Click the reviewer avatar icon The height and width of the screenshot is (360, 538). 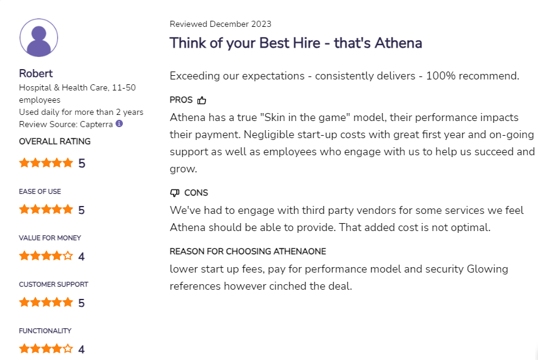pyautogui.click(x=39, y=38)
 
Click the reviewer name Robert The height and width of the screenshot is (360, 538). pyautogui.click(x=36, y=73)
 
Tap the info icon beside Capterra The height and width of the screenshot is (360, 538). pyautogui.click(x=119, y=123)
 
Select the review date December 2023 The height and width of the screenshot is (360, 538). pyautogui.click(x=240, y=24)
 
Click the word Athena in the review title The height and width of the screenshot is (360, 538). pyautogui.click(x=397, y=43)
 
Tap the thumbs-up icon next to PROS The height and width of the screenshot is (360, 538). pyautogui.click(x=202, y=100)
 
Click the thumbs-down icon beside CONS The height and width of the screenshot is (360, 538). pyautogui.click(x=175, y=193)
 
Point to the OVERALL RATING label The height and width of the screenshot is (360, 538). pyautogui.click(x=54, y=141)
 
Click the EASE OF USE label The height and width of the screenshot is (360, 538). pyautogui.click(x=40, y=191)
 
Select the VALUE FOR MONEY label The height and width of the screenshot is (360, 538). pyautogui.click(x=50, y=238)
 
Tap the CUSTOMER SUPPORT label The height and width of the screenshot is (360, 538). pyautogui.click(x=53, y=284)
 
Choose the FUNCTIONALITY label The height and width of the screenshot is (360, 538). pyautogui.click(x=45, y=331)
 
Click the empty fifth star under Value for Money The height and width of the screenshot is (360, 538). pyautogui.click(x=68, y=256)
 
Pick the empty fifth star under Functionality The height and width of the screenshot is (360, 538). pyautogui.click(x=68, y=349)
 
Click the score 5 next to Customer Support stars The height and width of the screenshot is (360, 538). pyautogui.click(x=81, y=303)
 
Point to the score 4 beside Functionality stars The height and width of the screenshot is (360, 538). pyautogui.click(x=81, y=350)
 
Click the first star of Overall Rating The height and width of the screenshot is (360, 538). pyautogui.click(x=24, y=163)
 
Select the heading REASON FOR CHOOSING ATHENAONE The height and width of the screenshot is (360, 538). pyautogui.click(x=248, y=251)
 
